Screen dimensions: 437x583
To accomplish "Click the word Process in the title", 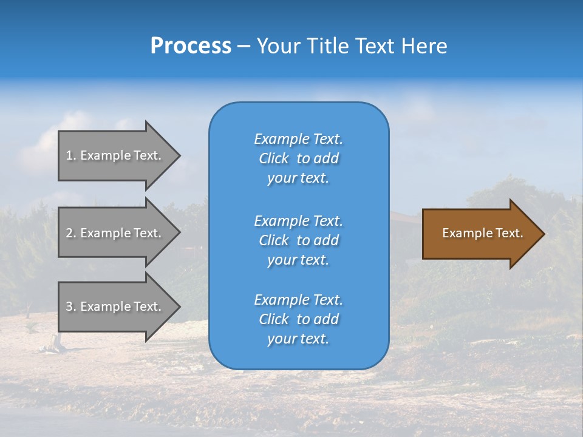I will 191,46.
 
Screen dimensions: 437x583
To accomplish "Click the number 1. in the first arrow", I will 71,155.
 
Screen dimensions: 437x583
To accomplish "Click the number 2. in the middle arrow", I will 71,233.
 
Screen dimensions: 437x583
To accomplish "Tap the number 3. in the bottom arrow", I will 71,307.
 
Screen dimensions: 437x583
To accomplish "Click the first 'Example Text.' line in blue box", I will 298,139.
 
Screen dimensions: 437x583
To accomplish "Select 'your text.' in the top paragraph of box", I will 298,178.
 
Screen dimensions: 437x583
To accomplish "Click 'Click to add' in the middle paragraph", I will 298,240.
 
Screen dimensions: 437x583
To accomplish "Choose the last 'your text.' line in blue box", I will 298,339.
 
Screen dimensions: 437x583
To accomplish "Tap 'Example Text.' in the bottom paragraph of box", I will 298,300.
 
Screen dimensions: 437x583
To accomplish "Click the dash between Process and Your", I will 244,47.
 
